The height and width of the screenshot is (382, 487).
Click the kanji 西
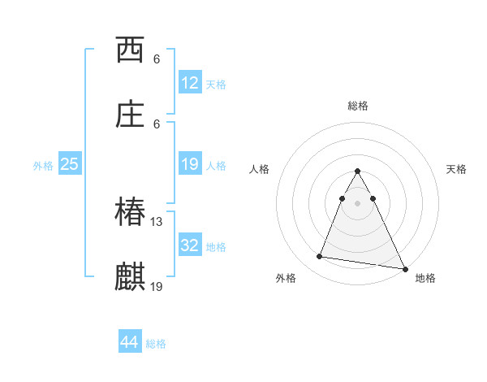[130, 50]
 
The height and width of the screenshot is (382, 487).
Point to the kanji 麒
[130, 277]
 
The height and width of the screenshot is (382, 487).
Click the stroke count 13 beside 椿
[157, 222]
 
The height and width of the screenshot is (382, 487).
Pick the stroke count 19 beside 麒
[157, 286]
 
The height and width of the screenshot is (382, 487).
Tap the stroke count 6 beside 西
[157, 59]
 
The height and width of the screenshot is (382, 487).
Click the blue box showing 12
[190, 83]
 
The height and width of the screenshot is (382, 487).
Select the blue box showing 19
[190, 164]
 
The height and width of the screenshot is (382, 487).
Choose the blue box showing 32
[190, 245]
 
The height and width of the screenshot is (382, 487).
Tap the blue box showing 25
[69, 164]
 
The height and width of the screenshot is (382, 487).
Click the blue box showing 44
[129, 342]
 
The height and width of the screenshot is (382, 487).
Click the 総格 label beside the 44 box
[156, 344]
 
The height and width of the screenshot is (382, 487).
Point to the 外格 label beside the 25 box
[43, 166]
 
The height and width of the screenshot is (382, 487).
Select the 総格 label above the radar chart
[357, 106]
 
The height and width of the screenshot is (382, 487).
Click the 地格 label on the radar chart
[425, 278]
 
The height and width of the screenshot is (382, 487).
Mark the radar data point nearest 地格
[404, 268]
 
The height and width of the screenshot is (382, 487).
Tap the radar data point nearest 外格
[319, 257]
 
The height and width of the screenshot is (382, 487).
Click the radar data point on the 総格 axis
[357, 171]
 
